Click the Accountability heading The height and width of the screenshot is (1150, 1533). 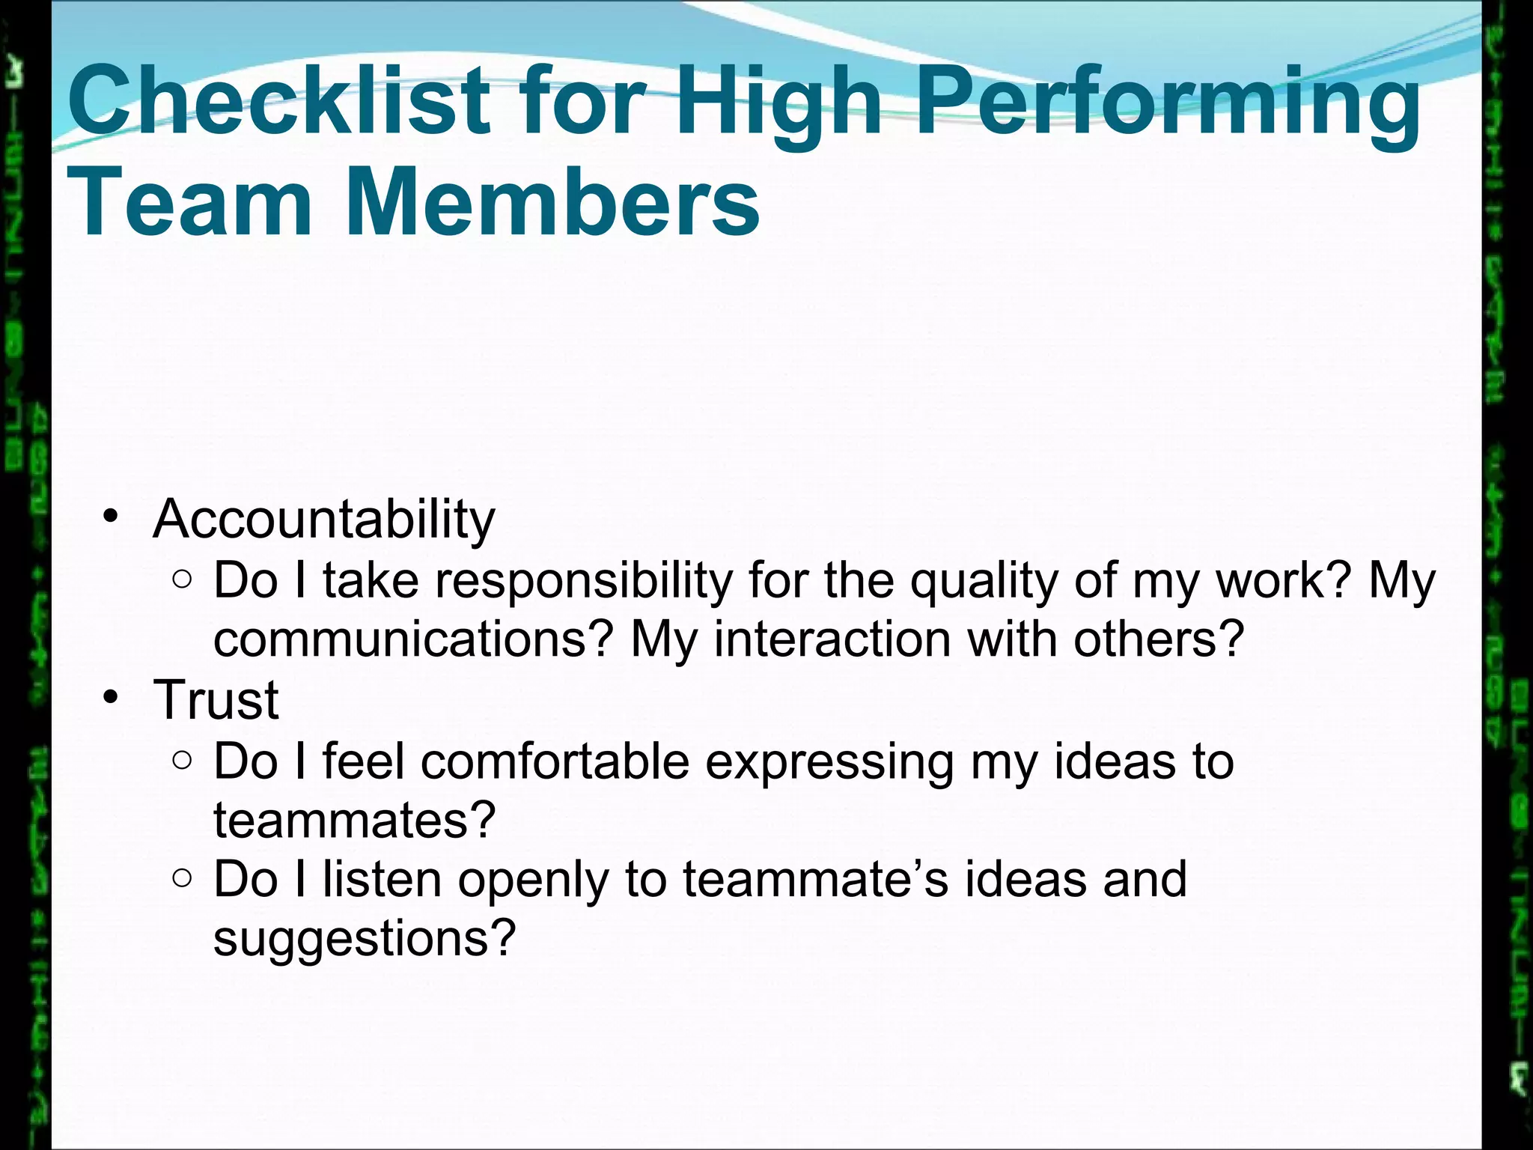click(323, 519)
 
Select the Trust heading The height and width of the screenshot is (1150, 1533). click(216, 700)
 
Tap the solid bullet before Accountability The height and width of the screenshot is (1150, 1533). click(111, 517)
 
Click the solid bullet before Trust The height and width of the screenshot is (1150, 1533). click(111, 698)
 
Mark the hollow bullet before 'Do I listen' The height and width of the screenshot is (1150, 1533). click(182, 878)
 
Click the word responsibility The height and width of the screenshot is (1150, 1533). click(584, 580)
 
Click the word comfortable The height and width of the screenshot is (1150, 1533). click(555, 761)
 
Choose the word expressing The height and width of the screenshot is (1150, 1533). click(829, 761)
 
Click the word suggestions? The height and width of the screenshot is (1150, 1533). click(365, 938)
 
